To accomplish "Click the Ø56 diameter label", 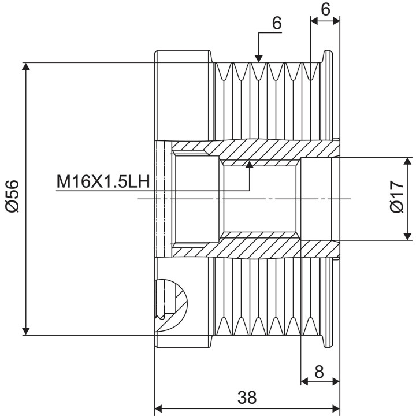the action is click(x=13, y=196).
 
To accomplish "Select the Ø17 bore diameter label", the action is click(x=397, y=196).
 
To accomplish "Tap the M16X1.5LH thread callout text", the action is click(x=103, y=181).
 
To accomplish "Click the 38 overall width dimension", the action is click(x=247, y=397).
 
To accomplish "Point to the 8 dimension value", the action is click(x=319, y=372).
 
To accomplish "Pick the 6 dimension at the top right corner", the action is click(x=325, y=10).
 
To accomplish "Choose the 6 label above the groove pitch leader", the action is click(x=277, y=23).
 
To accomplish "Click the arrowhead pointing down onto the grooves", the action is click(x=259, y=59).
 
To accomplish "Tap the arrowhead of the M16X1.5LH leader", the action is click(x=250, y=165).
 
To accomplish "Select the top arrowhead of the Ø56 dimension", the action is click(x=26, y=66).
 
